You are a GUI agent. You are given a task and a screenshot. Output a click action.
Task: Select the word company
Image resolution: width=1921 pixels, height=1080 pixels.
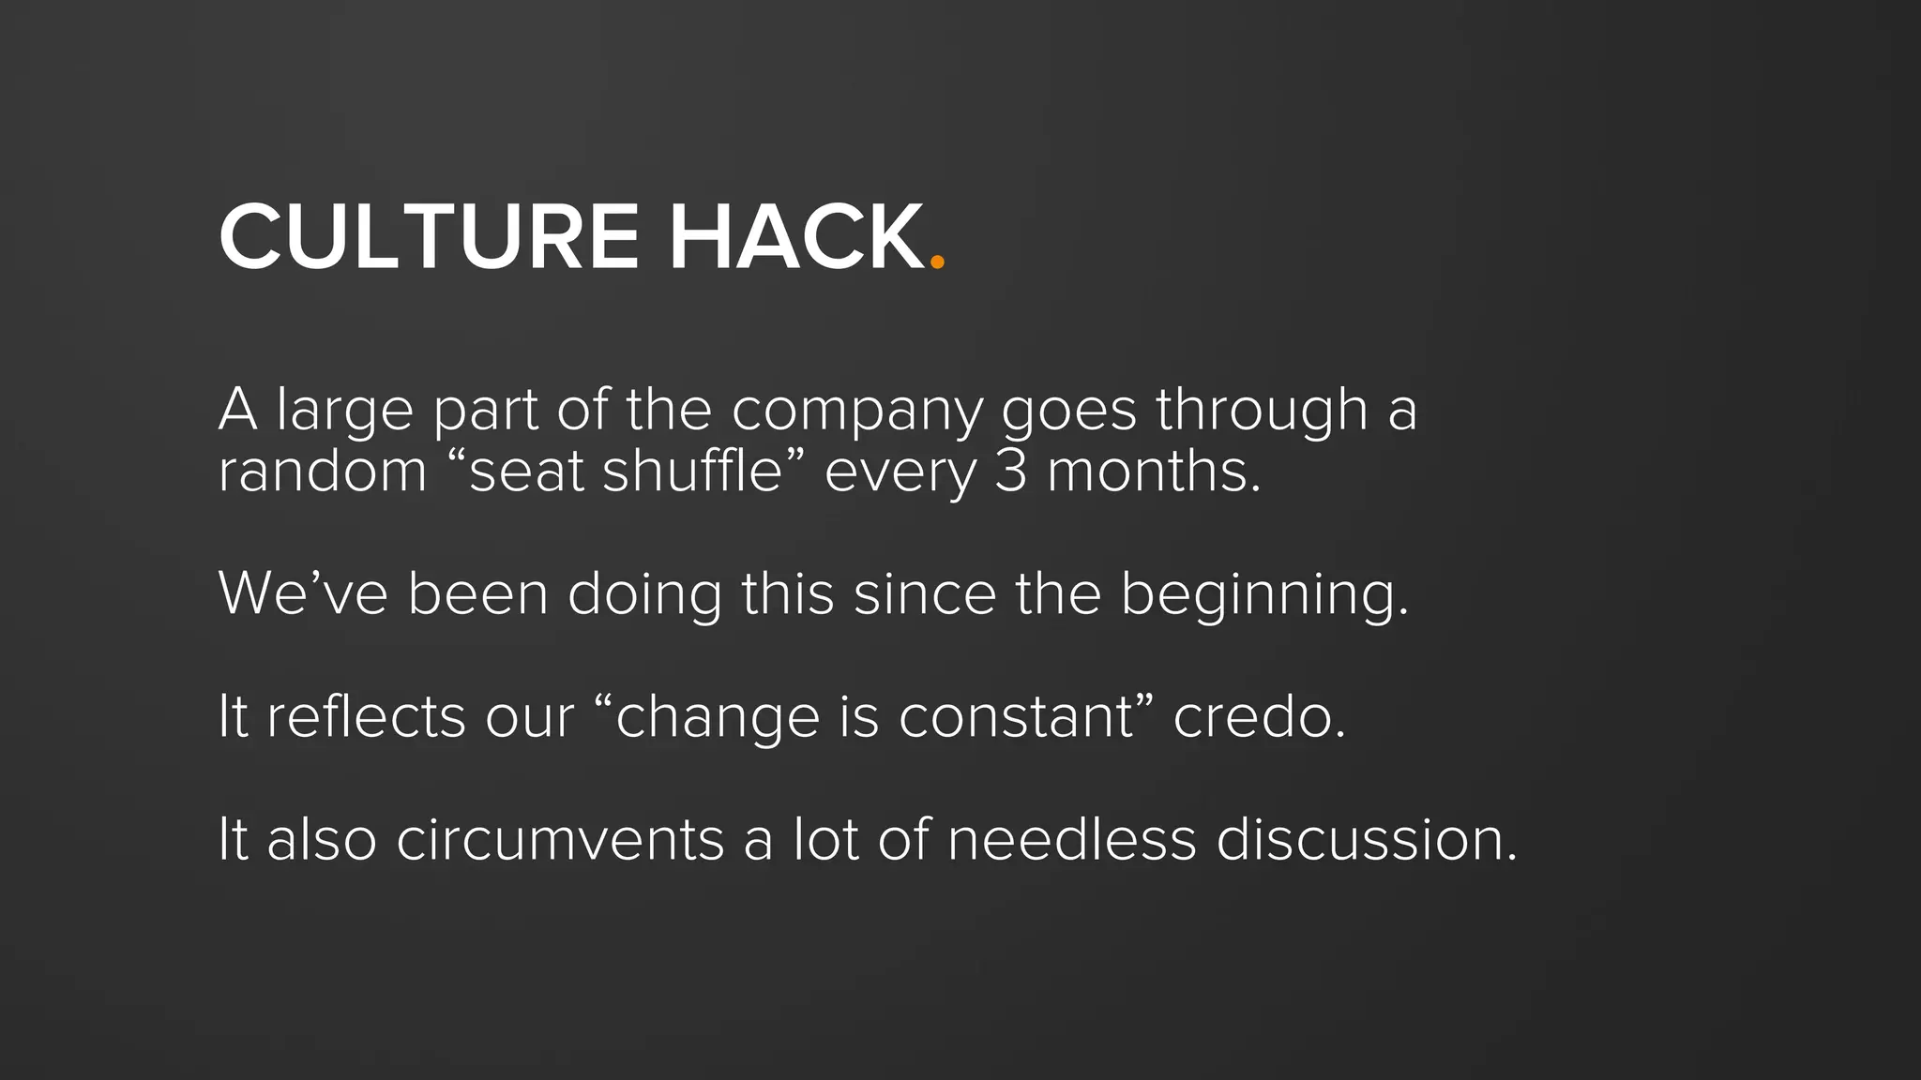click(x=856, y=412)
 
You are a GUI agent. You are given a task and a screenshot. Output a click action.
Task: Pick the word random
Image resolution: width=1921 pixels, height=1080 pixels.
click(x=322, y=471)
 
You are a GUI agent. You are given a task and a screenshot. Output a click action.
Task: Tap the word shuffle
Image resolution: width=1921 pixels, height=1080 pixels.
click(x=691, y=471)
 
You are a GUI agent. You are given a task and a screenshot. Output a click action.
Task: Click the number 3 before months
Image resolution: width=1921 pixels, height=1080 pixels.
click(x=1010, y=471)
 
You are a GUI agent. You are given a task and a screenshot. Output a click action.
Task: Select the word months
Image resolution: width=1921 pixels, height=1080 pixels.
click(x=1153, y=471)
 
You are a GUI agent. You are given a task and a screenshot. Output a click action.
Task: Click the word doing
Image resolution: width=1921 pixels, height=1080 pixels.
click(x=644, y=596)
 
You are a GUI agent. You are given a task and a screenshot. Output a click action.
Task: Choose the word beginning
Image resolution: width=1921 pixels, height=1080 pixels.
click(x=1263, y=596)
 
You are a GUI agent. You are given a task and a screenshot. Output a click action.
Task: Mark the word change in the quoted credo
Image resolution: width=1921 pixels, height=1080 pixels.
click(x=718, y=719)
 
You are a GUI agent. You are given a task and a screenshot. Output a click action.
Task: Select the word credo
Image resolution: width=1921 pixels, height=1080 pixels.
click(x=1258, y=717)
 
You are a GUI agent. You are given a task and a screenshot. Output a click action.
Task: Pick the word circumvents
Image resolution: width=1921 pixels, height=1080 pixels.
click(x=560, y=839)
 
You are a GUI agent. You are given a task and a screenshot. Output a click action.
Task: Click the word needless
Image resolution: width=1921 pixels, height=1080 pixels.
click(x=1071, y=839)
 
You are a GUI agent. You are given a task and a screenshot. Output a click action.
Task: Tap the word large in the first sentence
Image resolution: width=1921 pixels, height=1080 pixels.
click(x=344, y=412)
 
